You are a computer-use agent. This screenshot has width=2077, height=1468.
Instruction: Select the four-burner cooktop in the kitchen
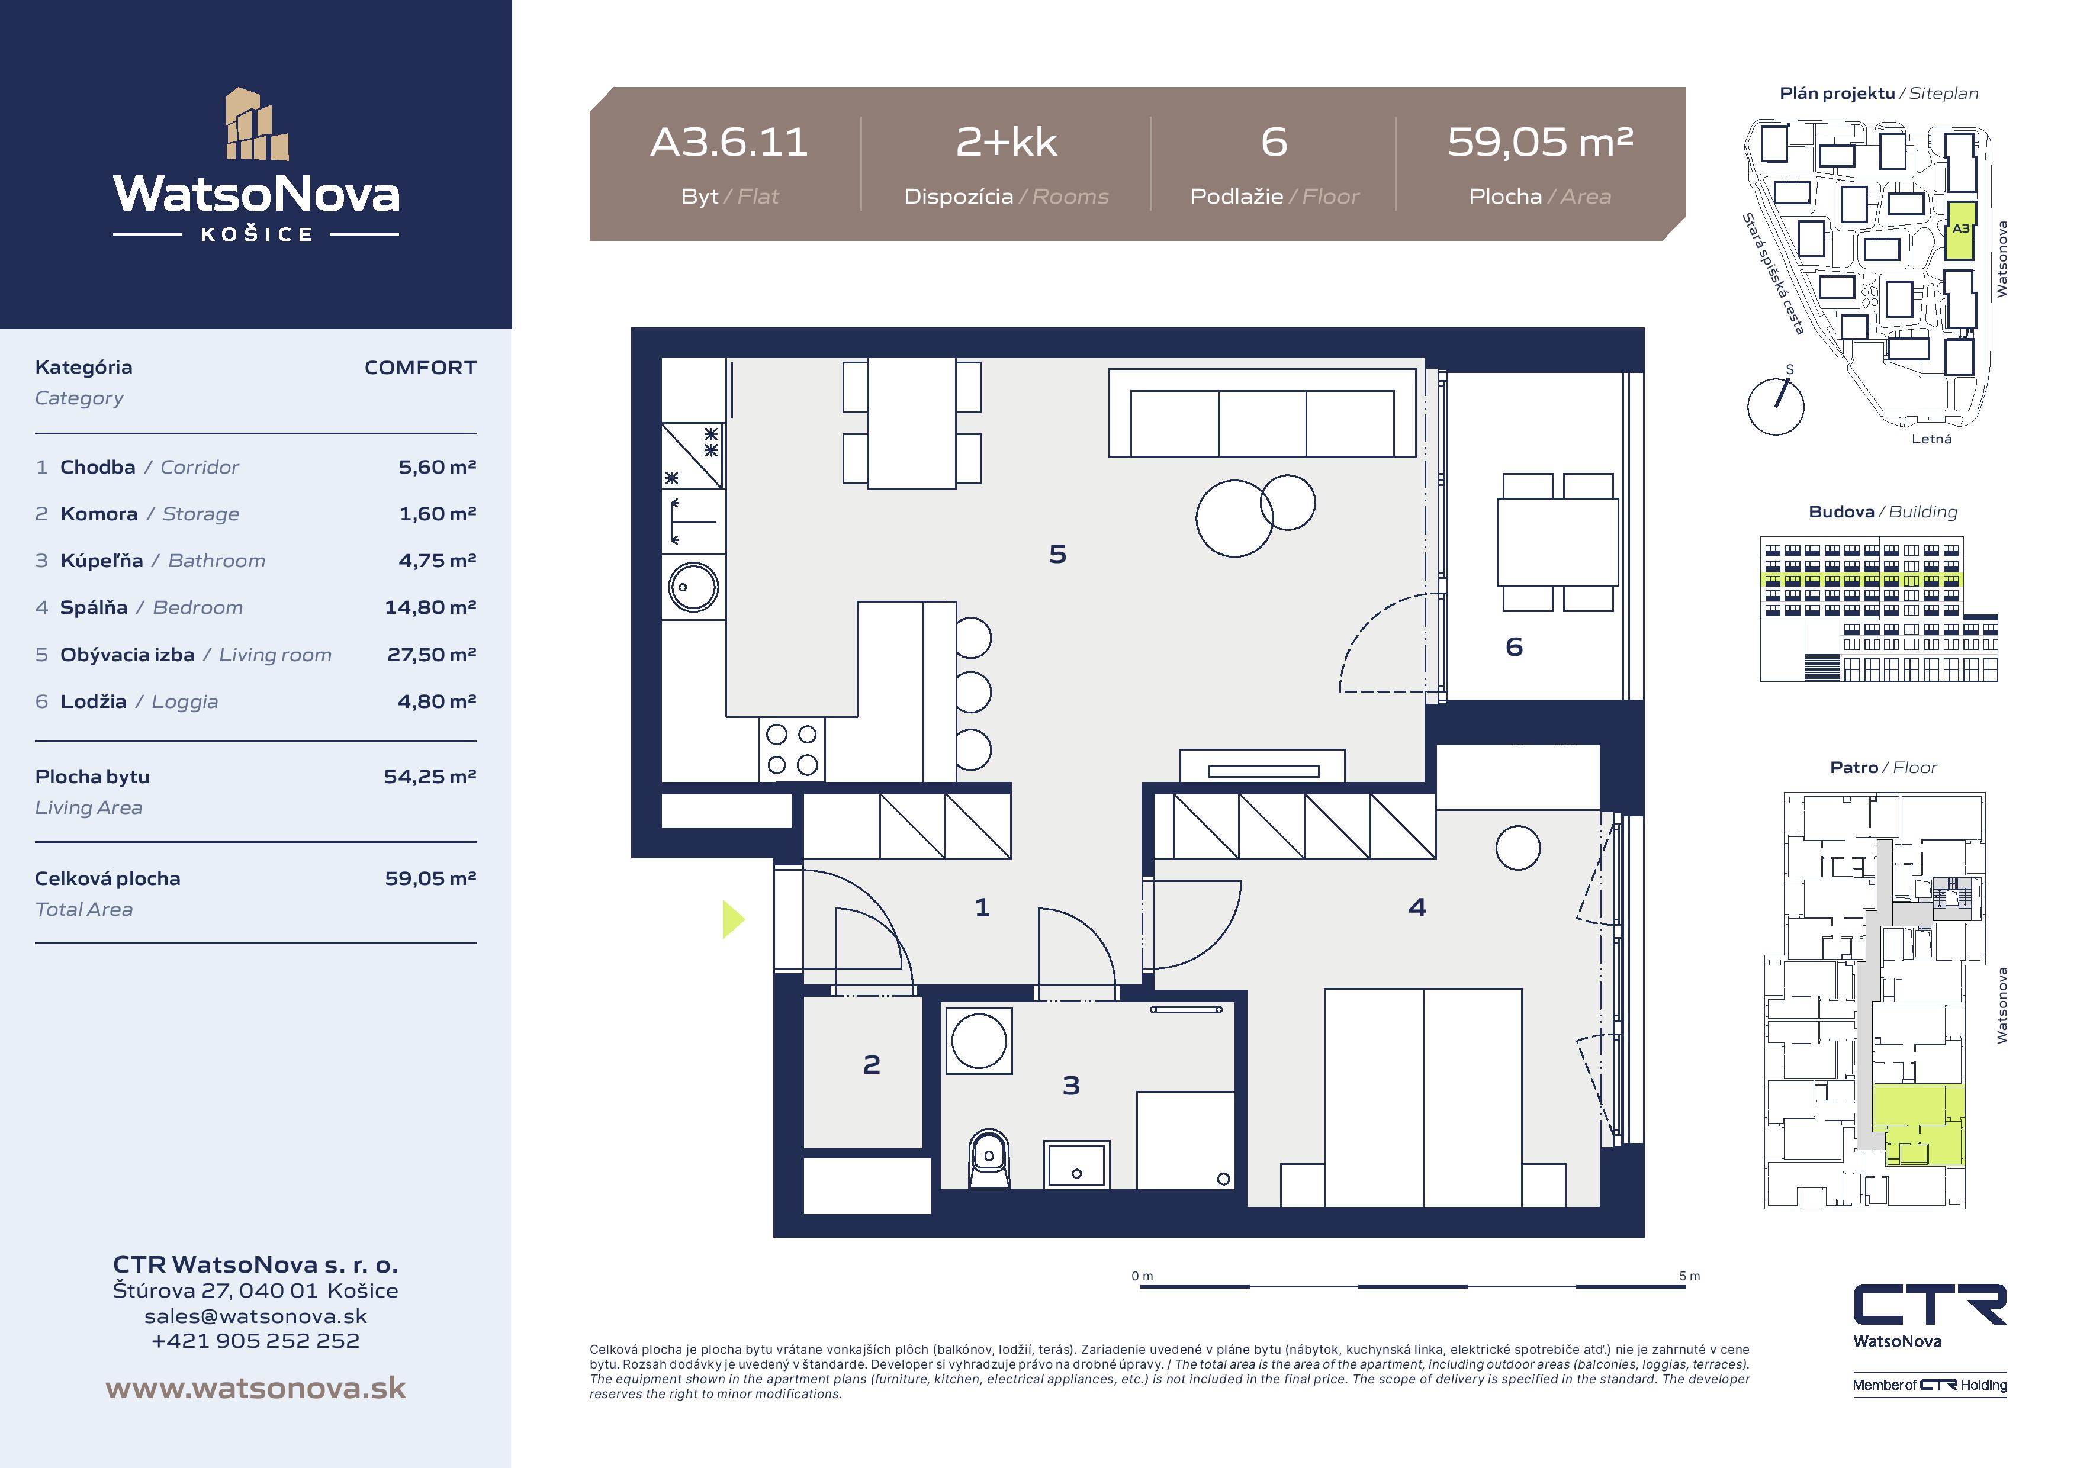point(792,749)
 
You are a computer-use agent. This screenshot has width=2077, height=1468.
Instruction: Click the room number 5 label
point(1057,553)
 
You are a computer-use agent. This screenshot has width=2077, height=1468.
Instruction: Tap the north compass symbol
point(1776,405)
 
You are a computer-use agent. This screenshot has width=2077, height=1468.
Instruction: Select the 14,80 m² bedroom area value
point(430,607)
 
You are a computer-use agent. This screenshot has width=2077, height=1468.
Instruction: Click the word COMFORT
point(420,367)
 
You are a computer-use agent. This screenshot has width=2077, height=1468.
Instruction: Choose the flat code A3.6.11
point(729,142)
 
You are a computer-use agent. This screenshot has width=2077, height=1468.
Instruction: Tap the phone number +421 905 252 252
point(255,1341)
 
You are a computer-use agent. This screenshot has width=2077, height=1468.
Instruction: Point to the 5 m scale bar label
point(1689,1276)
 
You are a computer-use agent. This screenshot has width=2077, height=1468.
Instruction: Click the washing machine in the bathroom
point(979,1041)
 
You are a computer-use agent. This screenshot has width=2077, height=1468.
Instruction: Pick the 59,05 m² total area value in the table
point(430,878)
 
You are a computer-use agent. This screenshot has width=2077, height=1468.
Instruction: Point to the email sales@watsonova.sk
point(256,1316)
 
